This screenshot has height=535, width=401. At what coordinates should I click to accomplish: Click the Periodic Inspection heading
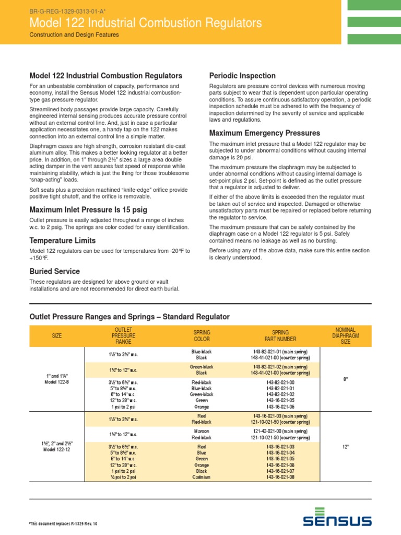click(242, 75)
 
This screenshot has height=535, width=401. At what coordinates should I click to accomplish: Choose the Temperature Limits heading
click(63, 241)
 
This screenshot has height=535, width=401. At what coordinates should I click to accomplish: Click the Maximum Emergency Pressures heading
click(265, 133)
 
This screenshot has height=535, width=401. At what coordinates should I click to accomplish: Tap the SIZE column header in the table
click(57, 335)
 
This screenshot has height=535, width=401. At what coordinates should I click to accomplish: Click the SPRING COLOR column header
click(202, 335)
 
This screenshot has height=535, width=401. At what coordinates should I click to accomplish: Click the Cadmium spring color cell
click(202, 477)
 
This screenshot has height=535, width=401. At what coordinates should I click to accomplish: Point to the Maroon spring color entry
click(202, 432)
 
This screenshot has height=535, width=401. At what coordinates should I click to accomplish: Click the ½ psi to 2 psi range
click(124, 477)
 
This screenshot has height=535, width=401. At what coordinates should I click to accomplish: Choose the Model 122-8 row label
click(57, 382)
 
